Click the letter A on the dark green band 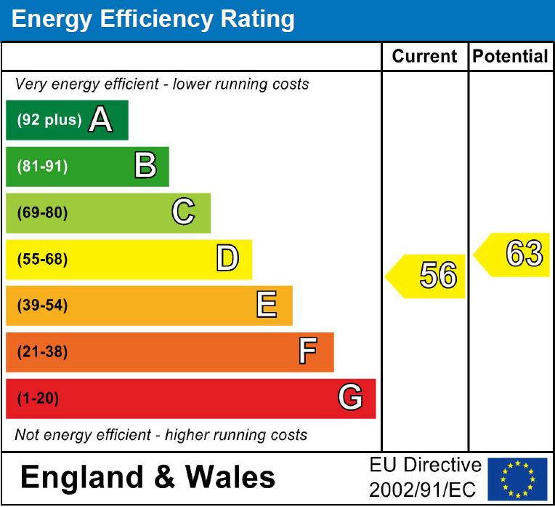tap(100, 120)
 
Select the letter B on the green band tap(145, 167)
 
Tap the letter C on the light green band tap(183, 212)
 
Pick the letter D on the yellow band tap(227, 259)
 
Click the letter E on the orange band tap(267, 306)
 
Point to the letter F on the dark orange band tap(308, 352)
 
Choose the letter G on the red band tap(350, 399)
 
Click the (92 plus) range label tap(49, 120)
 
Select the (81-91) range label tap(42, 167)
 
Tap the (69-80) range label tap(42, 213)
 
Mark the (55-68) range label tap(42, 260)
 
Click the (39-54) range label tap(42, 306)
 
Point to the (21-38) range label tap(42, 353)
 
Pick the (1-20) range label tap(38, 399)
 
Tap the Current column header tap(425, 57)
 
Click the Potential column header tap(511, 57)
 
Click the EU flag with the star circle tap(517, 479)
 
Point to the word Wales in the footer tap(231, 477)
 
